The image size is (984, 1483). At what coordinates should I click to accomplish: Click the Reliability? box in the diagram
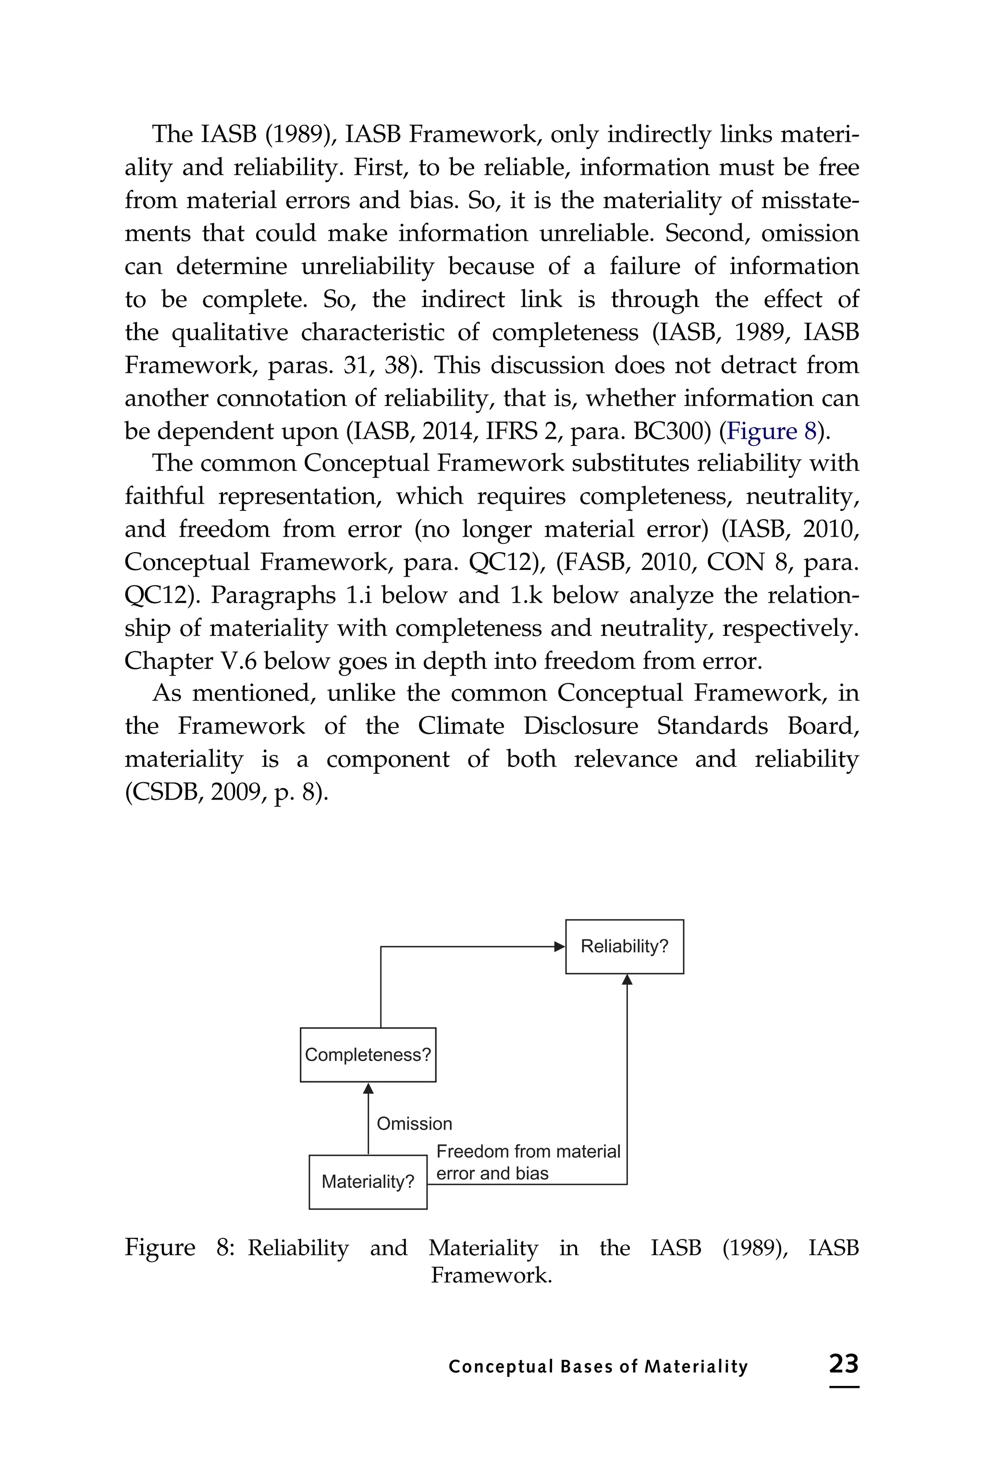(x=625, y=946)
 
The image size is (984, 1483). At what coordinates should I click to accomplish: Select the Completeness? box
(x=368, y=1055)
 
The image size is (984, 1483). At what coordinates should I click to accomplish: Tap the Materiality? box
(x=368, y=1182)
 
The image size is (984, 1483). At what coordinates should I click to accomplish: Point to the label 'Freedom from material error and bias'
(x=527, y=1162)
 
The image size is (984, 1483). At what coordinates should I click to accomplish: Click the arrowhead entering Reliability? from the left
(x=560, y=946)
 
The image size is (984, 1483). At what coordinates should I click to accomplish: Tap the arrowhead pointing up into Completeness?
(x=369, y=1088)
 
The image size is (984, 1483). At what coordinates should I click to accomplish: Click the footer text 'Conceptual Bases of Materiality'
(x=598, y=1366)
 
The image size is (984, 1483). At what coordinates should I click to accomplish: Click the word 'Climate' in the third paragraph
(x=461, y=726)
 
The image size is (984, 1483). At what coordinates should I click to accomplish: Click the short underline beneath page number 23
(x=843, y=1386)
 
